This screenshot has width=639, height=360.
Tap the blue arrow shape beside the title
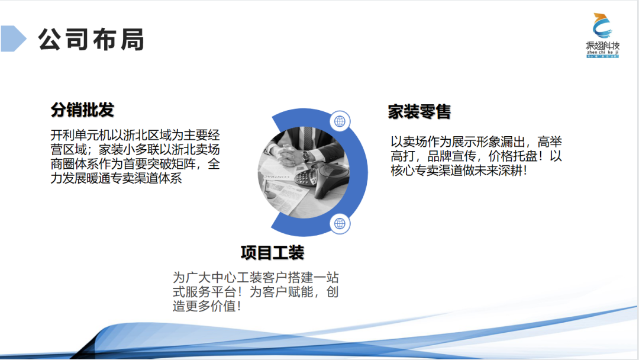tap(13, 38)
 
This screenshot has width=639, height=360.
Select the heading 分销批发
tap(82, 110)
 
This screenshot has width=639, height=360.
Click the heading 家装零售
tap(419, 111)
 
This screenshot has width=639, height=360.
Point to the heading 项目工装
tap(272, 253)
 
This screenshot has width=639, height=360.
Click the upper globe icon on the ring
tap(340, 121)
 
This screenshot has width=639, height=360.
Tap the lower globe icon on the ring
tap(340, 223)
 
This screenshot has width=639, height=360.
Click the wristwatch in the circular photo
tap(306, 157)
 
